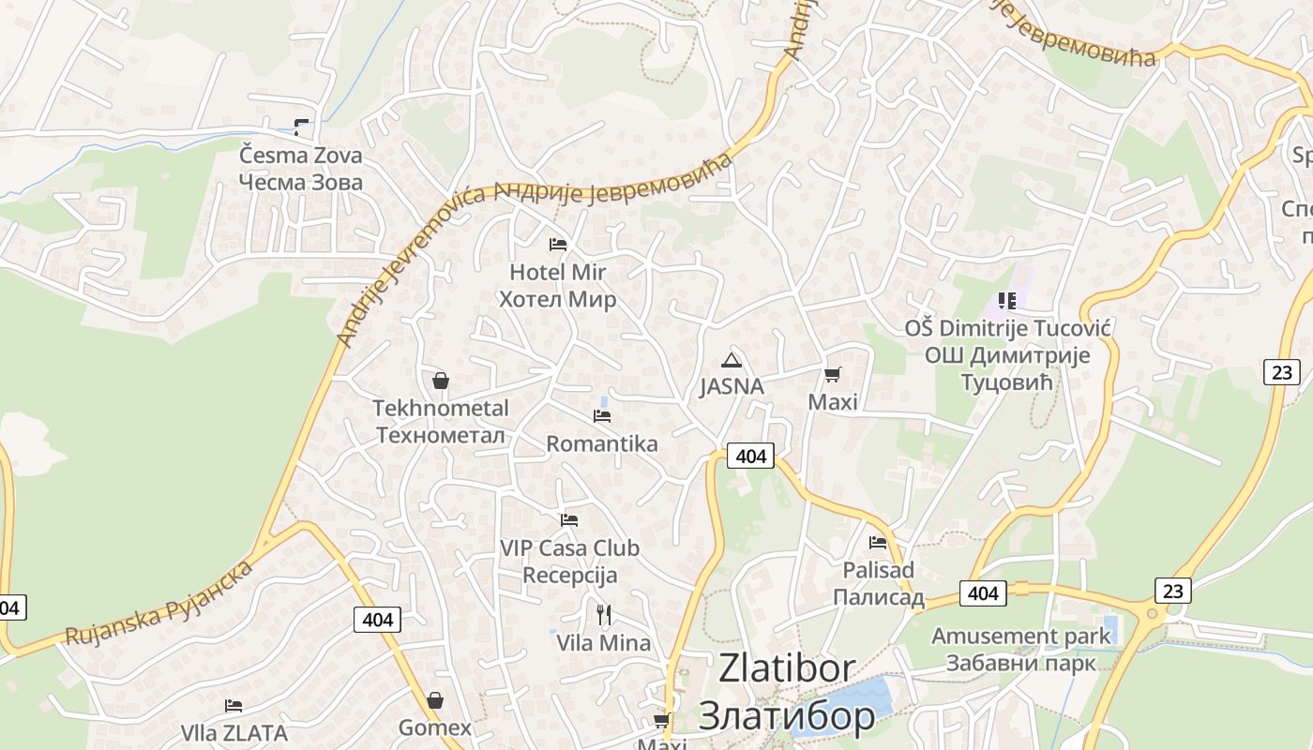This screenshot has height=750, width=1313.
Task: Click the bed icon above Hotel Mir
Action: pyautogui.click(x=558, y=245)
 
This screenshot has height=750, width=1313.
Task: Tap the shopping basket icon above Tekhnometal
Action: pyautogui.click(x=440, y=381)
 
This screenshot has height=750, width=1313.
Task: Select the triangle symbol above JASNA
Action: pyautogui.click(x=731, y=360)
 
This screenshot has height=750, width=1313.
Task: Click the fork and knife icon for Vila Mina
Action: pyautogui.click(x=604, y=615)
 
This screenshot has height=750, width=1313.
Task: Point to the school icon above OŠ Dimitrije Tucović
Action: pyautogui.click(x=1007, y=301)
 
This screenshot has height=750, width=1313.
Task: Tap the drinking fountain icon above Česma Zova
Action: pyautogui.click(x=301, y=127)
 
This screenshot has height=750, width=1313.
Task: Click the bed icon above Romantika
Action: pyautogui.click(x=602, y=415)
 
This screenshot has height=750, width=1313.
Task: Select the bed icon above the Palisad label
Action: pyautogui.click(x=878, y=542)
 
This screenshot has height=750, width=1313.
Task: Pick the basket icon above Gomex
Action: pyautogui.click(x=435, y=700)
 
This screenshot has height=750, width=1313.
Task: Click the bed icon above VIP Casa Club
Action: pyautogui.click(x=569, y=519)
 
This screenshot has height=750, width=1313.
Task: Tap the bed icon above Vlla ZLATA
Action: pyautogui.click(x=234, y=705)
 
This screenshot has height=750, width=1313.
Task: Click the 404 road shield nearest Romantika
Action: pyautogui.click(x=750, y=457)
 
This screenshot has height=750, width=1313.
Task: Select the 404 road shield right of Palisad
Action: pyautogui.click(x=982, y=593)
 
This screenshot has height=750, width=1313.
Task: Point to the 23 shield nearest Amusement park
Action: pyautogui.click(x=1172, y=591)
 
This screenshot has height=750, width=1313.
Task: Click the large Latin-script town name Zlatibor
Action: pyautogui.click(x=787, y=668)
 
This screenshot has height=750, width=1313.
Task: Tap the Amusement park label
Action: pyautogui.click(x=1020, y=636)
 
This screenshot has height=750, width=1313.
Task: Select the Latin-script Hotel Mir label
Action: pyautogui.click(x=557, y=272)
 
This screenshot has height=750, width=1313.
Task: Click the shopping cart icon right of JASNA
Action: pyautogui.click(x=832, y=375)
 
